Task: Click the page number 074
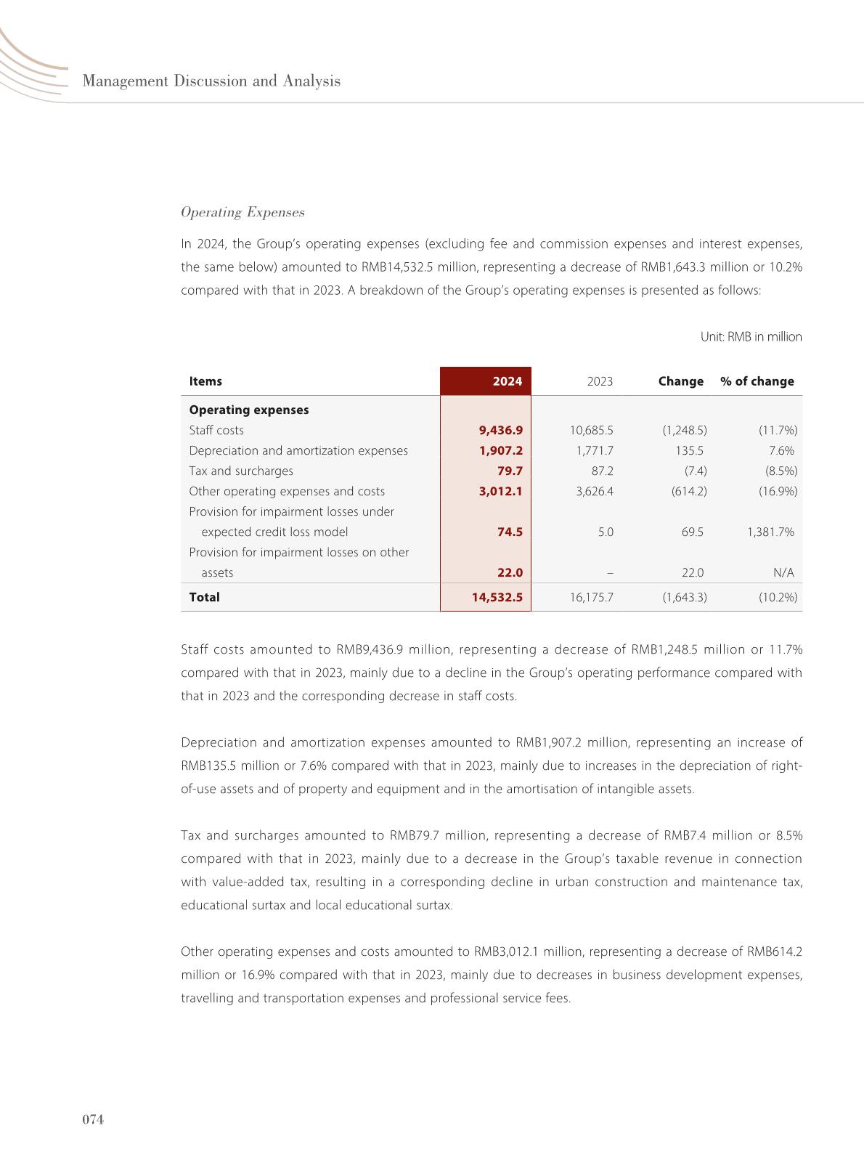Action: tap(93, 1120)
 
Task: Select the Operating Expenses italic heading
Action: tap(243, 212)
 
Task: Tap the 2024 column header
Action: tap(507, 381)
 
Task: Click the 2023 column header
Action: tap(600, 381)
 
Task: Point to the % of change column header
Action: tap(757, 381)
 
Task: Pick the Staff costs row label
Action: tap(216, 430)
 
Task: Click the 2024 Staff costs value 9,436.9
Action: tap(500, 430)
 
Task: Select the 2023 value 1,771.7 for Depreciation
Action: tap(595, 450)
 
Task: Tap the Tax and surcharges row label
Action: tap(241, 471)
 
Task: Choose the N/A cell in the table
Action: tap(783, 572)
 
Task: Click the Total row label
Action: tap(204, 597)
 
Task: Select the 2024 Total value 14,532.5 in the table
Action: tap(497, 597)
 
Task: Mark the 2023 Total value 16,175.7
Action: tap(591, 597)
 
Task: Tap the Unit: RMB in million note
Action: tap(751, 337)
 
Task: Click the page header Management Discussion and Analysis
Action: tap(211, 81)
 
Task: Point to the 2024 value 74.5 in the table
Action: tap(510, 532)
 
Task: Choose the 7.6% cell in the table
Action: tap(781, 450)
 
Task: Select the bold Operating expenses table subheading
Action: tap(248, 410)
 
